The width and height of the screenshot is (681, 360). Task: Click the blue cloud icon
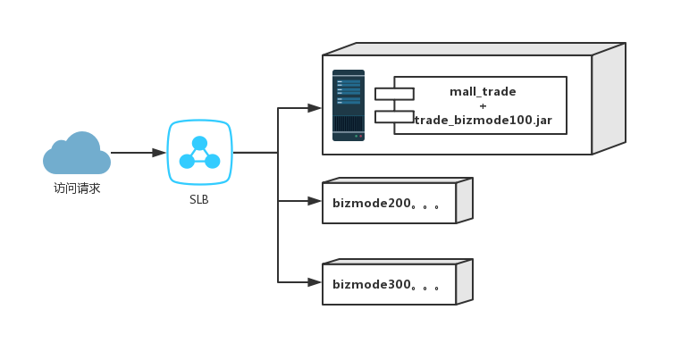click(77, 155)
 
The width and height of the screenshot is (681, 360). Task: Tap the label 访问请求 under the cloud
click(77, 188)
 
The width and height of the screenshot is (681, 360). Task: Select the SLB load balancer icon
click(199, 153)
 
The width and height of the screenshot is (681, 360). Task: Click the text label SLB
click(199, 200)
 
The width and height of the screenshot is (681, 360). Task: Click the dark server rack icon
click(349, 105)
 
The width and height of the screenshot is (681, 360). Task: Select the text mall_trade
click(483, 91)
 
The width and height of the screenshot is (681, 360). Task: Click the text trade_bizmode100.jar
click(483, 120)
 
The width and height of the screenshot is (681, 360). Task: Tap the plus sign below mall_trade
click(483, 105)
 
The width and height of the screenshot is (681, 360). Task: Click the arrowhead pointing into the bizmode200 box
click(315, 201)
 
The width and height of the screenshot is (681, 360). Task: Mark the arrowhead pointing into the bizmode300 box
click(315, 282)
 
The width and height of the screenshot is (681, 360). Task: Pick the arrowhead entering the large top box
click(315, 108)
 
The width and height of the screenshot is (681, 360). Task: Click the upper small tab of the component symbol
click(394, 94)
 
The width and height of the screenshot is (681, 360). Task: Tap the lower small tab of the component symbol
click(394, 116)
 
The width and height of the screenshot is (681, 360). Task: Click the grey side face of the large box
click(609, 98)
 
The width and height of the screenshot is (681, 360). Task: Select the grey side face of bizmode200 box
click(464, 201)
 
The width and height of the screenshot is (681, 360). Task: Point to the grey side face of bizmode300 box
click(464, 282)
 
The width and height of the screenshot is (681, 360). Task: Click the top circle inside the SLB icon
click(199, 143)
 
